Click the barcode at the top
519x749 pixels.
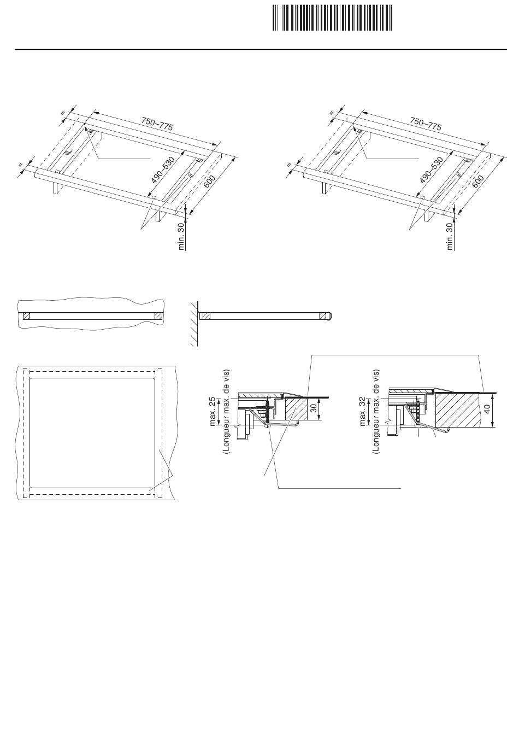click(x=332, y=17)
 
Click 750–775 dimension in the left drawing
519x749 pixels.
click(x=157, y=124)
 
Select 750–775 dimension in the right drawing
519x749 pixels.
click(x=426, y=124)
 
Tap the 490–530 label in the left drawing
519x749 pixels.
click(x=163, y=170)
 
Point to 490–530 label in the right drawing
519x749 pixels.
click(x=432, y=170)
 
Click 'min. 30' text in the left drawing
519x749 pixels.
click(x=181, y=236)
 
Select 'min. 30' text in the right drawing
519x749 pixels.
click(x=450, y=236)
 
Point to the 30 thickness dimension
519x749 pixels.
click(x=314, y=408)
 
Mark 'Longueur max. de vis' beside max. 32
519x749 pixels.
click(x=376, y=411)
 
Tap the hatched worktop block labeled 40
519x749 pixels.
click(x=458, y=410)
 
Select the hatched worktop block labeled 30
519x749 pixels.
click(x=296, y=408)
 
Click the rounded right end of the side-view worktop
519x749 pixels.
click(x=330, y=315)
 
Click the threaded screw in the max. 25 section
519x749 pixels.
click(x=268, y=413)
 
